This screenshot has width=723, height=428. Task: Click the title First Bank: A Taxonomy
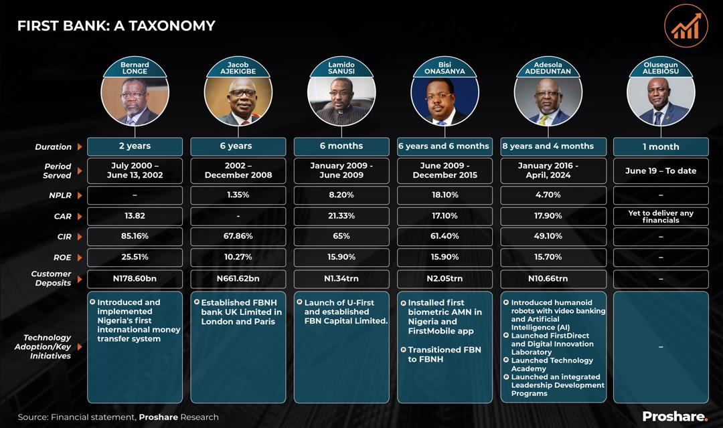[116, 26]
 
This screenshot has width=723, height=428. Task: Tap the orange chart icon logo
[686, 26]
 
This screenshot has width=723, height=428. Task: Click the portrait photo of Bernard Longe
[135, 100]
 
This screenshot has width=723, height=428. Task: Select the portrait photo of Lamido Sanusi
[341, 100]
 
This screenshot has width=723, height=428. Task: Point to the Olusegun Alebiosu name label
[660, 68]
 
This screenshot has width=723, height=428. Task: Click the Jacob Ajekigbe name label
[238, 68]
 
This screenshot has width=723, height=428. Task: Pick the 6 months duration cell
[341, 146]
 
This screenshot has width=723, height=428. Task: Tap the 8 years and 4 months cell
[548, 146]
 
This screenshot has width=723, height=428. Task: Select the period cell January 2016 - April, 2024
[548, 171]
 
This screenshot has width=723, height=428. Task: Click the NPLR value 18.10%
[445, 195]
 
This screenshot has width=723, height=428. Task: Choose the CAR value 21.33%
[341, 215]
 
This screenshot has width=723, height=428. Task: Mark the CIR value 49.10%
[548, 236]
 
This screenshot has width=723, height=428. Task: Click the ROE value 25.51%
[135, 257]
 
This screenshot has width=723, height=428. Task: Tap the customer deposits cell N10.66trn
[548, 279]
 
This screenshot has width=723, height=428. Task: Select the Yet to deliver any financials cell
[661, 217]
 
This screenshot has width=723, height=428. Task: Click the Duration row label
[54, 147]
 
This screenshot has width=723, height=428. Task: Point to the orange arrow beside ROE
[80, 257]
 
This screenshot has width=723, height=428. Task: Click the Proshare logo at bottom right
[675, 417]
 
